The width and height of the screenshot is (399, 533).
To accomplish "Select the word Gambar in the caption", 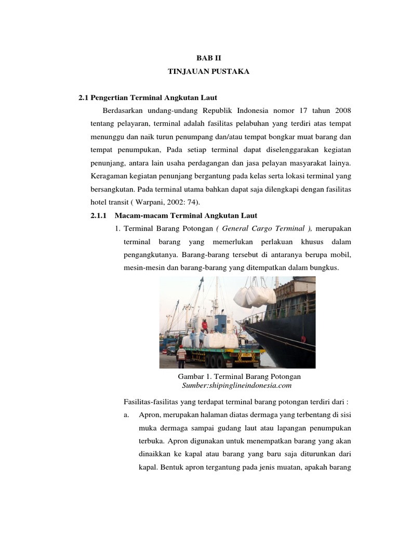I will click(x=190, y=376).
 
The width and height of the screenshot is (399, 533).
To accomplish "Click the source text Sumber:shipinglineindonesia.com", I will click(x=236, y=386).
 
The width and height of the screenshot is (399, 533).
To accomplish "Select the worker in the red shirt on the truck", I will click(x=205, y=327).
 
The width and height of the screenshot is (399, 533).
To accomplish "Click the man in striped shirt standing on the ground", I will click(x=181, y=357).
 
